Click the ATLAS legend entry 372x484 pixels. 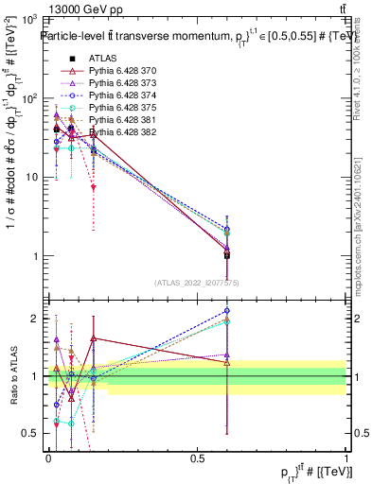103,59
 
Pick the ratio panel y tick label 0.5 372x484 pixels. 34,433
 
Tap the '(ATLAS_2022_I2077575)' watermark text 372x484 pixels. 197,282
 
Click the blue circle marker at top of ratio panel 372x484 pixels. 226,310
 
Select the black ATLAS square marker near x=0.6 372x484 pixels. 226,255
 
